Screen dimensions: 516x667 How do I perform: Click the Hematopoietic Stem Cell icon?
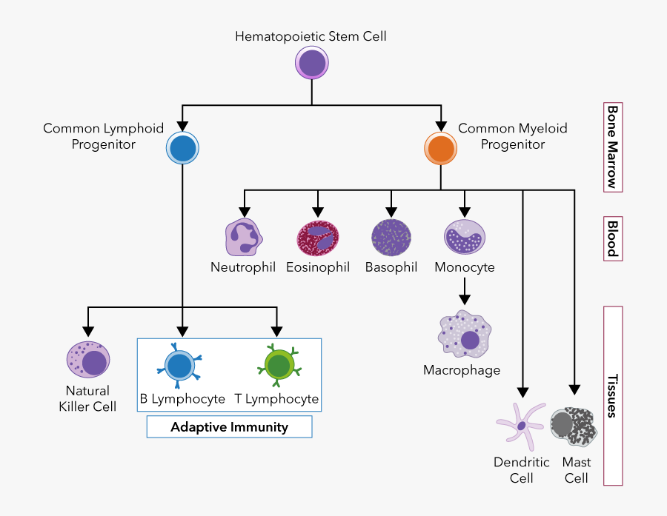point(312,63)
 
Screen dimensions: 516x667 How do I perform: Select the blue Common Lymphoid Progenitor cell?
point(182,148)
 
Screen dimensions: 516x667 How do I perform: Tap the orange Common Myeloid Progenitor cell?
point(440,148)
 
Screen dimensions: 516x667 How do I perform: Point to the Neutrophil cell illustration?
point(245,237)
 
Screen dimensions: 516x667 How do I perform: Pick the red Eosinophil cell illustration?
point(318,237)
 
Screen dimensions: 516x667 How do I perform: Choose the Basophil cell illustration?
point(391,237)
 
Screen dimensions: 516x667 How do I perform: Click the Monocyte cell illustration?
point(464,237)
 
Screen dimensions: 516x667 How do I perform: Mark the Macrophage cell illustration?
point(464,337)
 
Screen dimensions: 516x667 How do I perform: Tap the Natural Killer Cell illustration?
point(88,360)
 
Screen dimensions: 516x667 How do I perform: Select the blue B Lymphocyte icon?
point(179,366)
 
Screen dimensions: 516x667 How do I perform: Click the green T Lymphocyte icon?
point(278,366)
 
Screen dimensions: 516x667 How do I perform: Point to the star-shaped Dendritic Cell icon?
point(520,425)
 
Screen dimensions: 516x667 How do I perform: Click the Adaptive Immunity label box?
point(229,427)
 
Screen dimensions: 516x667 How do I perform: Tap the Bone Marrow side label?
point(612,147)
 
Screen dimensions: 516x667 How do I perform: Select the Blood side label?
point(612,238)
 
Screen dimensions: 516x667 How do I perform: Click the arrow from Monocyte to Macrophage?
point(464,291)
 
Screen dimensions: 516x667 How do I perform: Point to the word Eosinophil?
point(318,267)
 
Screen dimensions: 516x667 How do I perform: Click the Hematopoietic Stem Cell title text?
point(311,36)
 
